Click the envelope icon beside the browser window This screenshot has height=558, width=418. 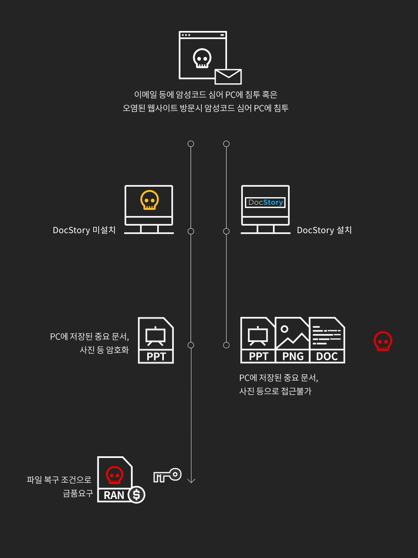[228, 77]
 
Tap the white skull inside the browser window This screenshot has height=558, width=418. [202, 58]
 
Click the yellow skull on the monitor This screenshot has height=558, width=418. [149, 200]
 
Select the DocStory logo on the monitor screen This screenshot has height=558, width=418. [265, 203]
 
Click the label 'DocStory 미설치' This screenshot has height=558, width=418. [84, 230]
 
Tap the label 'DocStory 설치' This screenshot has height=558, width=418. [324, 230]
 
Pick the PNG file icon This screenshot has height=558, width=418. [293, 340]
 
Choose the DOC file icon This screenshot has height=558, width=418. [327, 340]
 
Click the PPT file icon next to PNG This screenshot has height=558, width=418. [258, 340]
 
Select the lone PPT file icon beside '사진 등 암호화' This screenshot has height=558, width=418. [156, 340]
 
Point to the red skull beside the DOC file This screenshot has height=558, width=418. [383, 341]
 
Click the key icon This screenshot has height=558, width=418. [167, 475]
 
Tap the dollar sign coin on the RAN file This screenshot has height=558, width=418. [137, 495]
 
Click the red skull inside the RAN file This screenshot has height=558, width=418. [115, 475]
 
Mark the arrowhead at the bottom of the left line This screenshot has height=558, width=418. [191, 480]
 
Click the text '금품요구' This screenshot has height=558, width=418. [78, 494]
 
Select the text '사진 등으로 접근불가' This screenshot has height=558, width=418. [275, 391]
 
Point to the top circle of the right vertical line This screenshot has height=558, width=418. [226, 144]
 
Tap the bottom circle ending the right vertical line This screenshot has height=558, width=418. [226, 345]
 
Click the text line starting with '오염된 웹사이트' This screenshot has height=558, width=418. [205, 108]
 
